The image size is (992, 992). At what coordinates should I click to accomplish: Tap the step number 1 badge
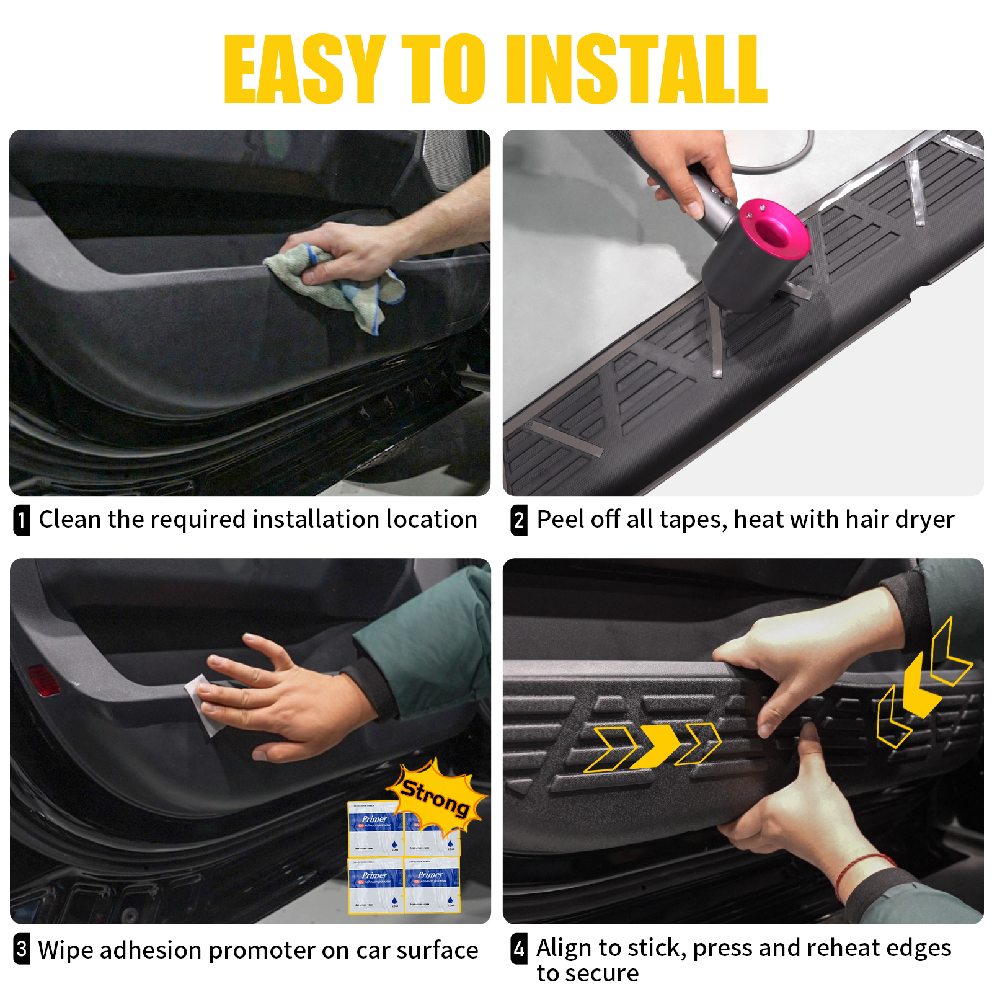[x=22, y=520]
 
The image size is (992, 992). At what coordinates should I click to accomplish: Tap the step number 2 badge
[x=519, y=520]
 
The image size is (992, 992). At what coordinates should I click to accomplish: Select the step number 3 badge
[x=22, y=949]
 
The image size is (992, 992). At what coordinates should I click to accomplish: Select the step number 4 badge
[x=519, y=949]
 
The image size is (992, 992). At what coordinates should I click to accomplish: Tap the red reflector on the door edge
[x=43, y=680]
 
